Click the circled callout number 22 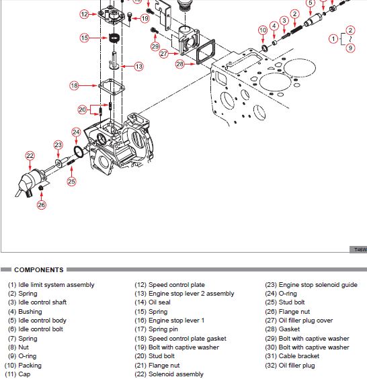(x=30, y=156)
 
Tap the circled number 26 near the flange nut (x=42, y=205)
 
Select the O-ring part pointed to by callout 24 (x=79, y=152)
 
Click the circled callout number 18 (x=74, y=85)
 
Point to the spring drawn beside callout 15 (x=114, y=38)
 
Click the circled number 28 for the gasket (x=180, y=64)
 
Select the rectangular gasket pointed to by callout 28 (x=205, y=52)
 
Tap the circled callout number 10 (x=263, y=30)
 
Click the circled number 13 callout (x=138, y=67)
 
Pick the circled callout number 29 (x=155, y=46)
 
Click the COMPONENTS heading (x=39, y=269)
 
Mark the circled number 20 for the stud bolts (x=82, y=110)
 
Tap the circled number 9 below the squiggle (x=350, y=48)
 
